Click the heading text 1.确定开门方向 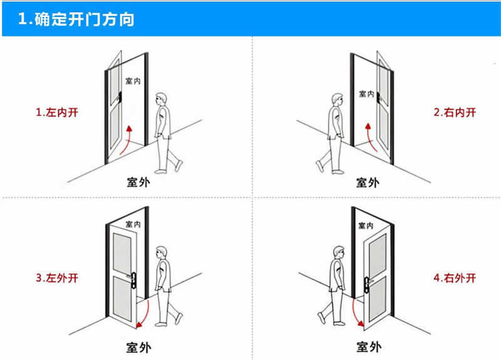(x=76, y=19)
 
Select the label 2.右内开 (x=455, y=113)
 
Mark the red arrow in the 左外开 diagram (x=145, y=313)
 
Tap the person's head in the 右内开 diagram (x=338, y=99)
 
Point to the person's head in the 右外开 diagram (x=338, y=252)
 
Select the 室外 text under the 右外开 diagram (x=368, y=346)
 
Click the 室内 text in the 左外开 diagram (x=133, y=224)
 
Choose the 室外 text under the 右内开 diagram (x=368, y=182)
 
